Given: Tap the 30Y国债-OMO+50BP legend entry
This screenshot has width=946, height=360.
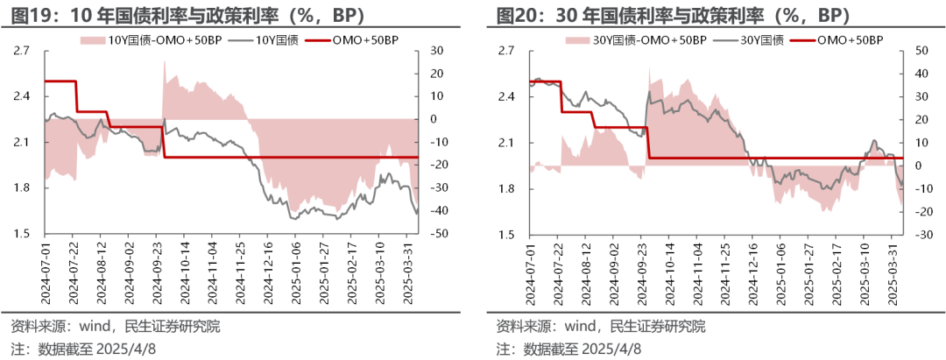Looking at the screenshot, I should tap(637, 40).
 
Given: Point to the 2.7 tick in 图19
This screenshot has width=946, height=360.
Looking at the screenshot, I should tap(20, 51).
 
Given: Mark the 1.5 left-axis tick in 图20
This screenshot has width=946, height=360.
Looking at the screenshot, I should tap(505, 235).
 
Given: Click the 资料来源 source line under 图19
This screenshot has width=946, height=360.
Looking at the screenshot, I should tap(115, 327).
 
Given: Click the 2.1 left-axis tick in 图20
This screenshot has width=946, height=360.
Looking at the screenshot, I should tap(505, 143).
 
